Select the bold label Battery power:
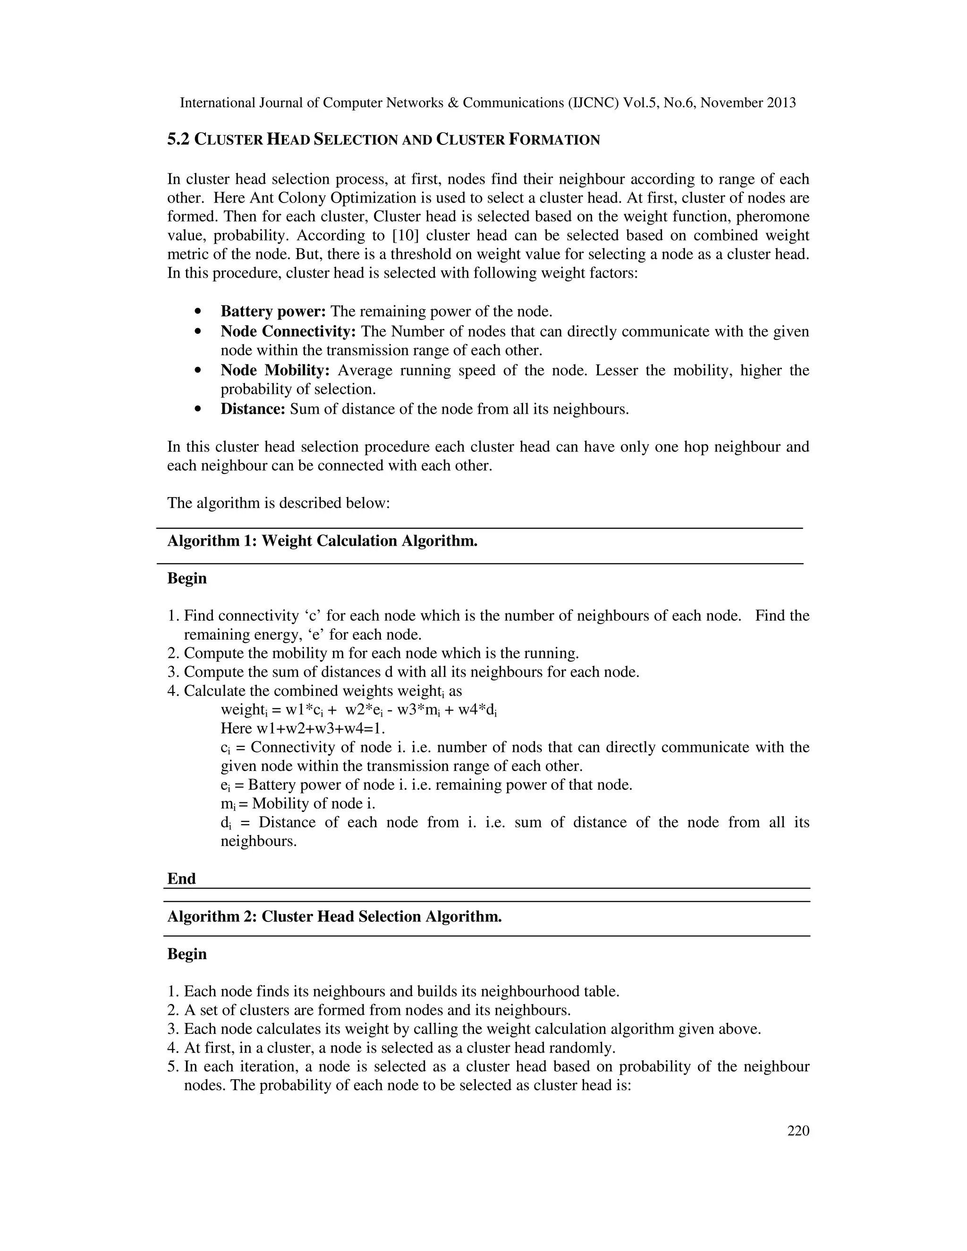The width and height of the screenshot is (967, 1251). pyautogui.click(x=273, y=312)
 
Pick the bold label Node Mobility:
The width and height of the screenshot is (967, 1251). pyautogui.click(x=275, y=371)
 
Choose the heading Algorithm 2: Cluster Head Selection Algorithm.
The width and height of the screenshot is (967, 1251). pyautogui.click(x=334, y=916)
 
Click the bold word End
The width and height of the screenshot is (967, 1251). pyautogui.click(x=181, y=879)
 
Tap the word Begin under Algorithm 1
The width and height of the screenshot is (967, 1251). pyautogui.click(x=187, y=578)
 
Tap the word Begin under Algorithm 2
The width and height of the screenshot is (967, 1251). pyautogui.click(x=187, y=954)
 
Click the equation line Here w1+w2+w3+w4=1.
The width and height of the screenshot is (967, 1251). pyautogui.click(x=303, y=728)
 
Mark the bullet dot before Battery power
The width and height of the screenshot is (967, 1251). pyautogui.click(x=198, y=312)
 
